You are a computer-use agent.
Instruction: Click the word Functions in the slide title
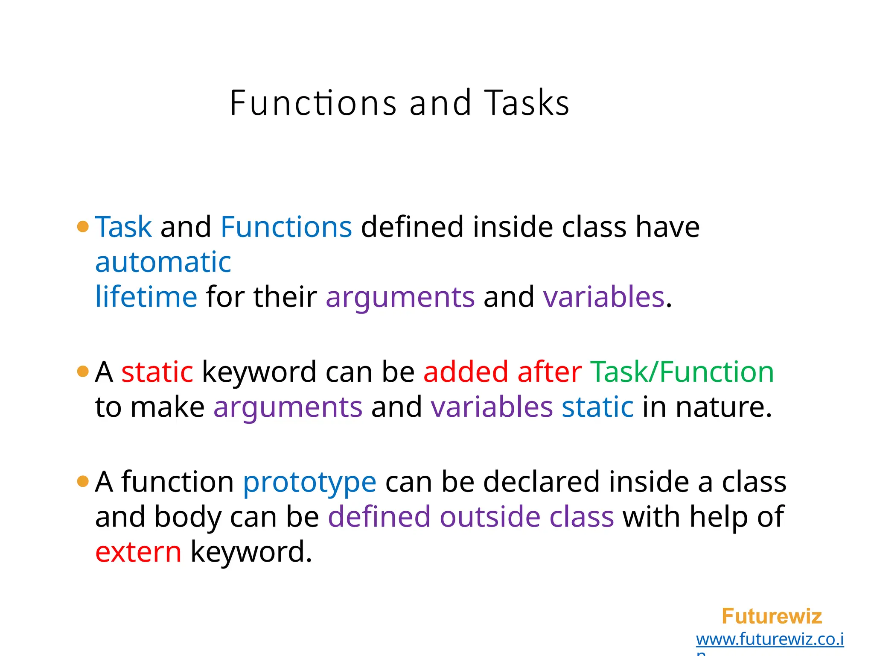point(313,103)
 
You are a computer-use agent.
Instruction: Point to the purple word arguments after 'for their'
point(400,298)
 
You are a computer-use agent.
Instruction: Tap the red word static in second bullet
point(157,372)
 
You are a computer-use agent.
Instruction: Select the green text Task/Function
point(682,372)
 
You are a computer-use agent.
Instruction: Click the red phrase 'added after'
point(502,372)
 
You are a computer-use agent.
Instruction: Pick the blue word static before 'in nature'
point(597,407)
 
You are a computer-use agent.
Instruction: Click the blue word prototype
point(309,483)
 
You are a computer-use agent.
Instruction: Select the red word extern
point(138,552)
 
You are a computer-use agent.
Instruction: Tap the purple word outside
point(490,517)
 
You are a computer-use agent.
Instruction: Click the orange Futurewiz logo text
point(772,616)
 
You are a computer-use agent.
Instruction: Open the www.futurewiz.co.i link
point(769,639)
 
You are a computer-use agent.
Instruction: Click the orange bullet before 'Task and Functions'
point(83,227)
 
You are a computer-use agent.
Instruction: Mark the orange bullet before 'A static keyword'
point(83,372)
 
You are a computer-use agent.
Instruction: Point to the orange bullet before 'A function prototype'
point(83,482)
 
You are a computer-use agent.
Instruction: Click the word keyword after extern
point(251,552)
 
